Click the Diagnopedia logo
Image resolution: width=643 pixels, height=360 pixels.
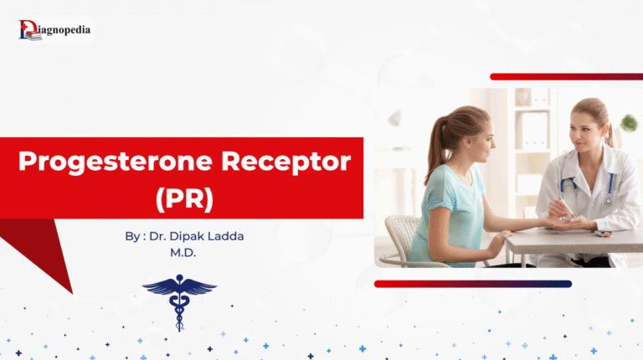(x=54, y=30)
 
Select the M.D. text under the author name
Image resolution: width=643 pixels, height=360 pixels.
(x=183, y=252)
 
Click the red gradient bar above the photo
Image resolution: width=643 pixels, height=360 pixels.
(x=565, y=77)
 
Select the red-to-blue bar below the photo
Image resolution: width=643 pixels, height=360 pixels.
(x=473, y=284)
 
